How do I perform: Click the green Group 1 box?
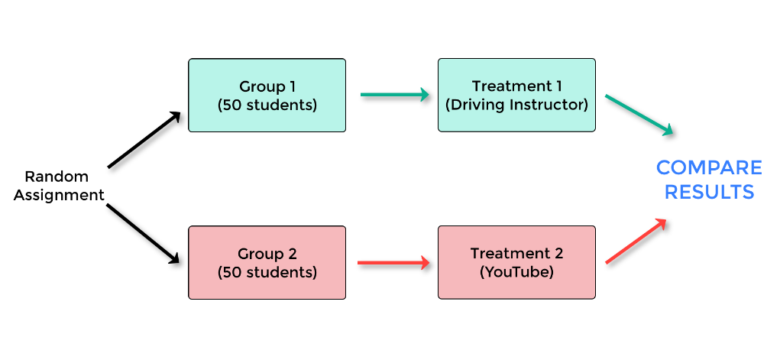point(267,96)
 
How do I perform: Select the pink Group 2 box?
point(267,262)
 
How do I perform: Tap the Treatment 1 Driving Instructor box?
point(516,96)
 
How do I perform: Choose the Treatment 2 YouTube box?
point(516,262)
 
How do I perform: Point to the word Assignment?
point(59,195)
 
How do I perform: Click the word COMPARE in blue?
point(709,167)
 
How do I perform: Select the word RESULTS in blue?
point(709,192)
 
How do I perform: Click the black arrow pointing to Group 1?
point(144,140)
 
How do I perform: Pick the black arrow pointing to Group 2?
point(144,232)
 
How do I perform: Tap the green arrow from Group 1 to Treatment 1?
point(394,96)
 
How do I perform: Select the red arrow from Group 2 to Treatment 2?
point(393,263)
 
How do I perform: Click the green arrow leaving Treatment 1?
point(639,115)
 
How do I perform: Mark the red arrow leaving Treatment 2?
point(636,242)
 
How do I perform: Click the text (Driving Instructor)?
point(516,105)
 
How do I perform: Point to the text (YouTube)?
point(516,271)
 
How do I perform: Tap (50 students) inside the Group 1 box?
point(267,105)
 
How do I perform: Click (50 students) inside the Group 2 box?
point(267,271)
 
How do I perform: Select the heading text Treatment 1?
point(516,86)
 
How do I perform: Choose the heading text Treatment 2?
point(516,253)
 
